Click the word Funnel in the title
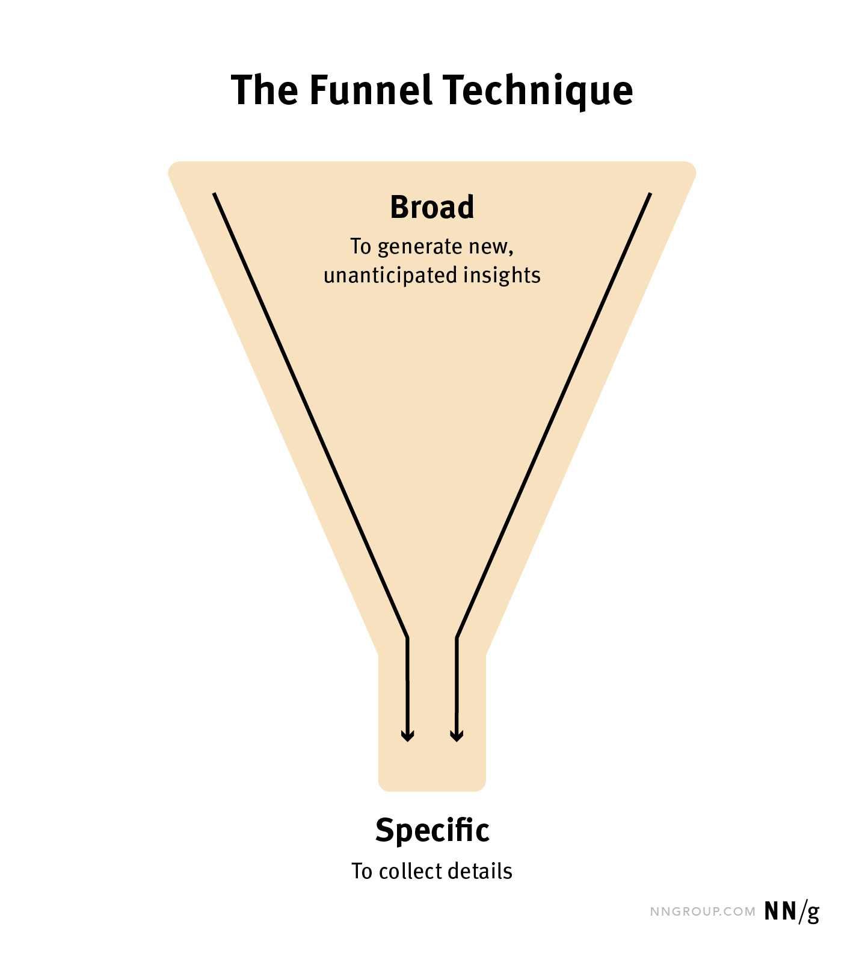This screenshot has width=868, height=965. tap(371, 90)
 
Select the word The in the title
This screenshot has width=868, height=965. tap(265, 90)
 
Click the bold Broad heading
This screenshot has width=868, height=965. tap(432, 207)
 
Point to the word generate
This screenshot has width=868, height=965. tap(419, 247)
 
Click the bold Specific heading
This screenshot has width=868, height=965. tap(432, 831)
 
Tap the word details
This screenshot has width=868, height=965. tap(484, 871)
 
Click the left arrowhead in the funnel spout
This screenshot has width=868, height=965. tap(407, 736)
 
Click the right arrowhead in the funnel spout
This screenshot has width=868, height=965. tap(457, 736)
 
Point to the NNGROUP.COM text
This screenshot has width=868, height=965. tap(703, 911)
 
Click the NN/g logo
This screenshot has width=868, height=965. tap(792, 911)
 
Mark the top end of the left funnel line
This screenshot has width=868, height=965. tap(214, 194)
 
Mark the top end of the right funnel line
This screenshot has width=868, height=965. tap(650, 194)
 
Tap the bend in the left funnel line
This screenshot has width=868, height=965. tap(407, 637)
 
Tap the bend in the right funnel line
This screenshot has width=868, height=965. tap(457, 637)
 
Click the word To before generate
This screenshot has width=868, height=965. tap(361, 247)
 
